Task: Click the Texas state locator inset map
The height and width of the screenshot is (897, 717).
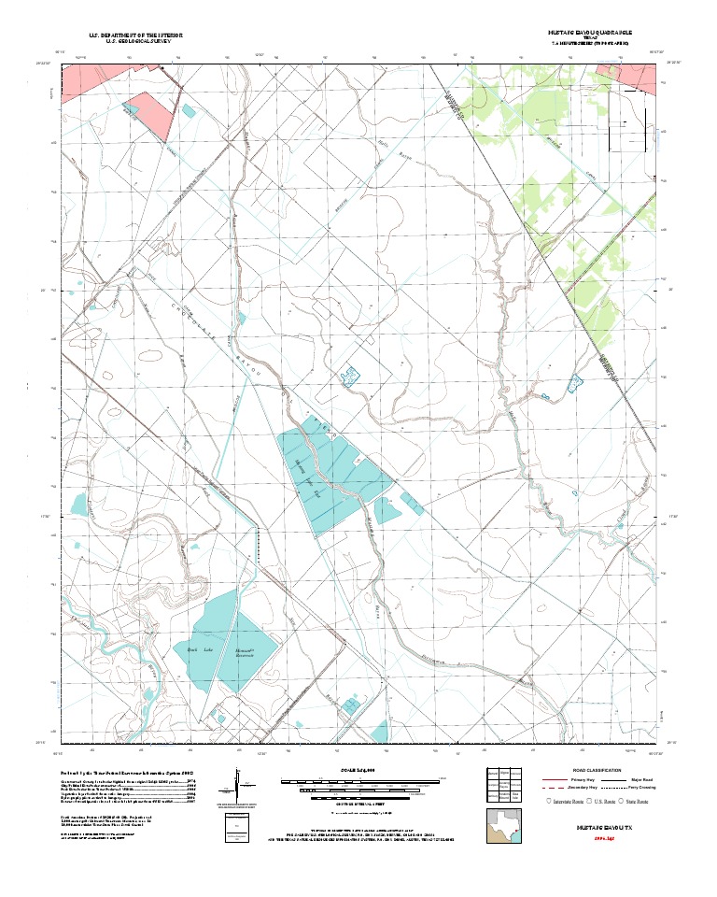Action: coord(505,826)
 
